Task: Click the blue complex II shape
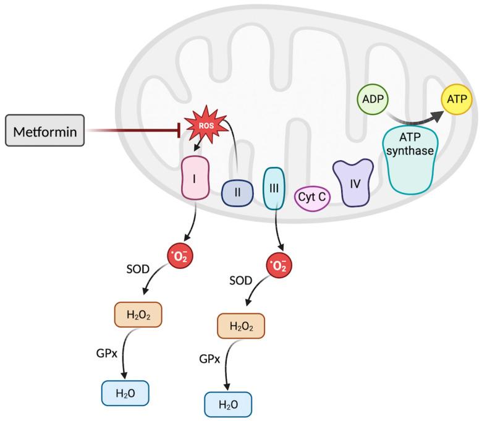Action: tap(236, 194)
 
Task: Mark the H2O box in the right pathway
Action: tap(229, 404)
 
